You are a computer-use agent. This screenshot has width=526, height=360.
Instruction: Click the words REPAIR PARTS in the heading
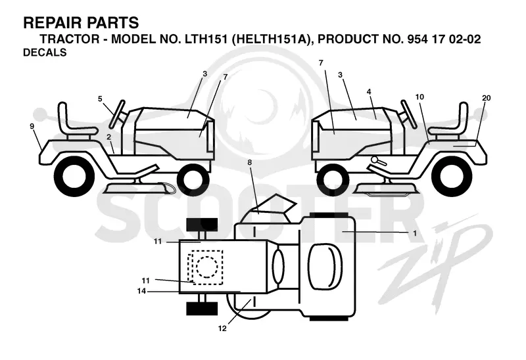(x=81, y=23)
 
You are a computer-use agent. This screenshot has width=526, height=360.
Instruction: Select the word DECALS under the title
(x=45, y=53)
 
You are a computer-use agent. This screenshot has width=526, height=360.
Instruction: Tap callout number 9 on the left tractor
(x=32, y=126)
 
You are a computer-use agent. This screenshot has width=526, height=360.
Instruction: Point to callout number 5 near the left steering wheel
(x=100, y=99)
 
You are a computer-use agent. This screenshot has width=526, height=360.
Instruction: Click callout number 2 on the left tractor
(x=108, y=137)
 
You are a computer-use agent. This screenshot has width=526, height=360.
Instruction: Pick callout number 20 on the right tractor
(x=486, y=98)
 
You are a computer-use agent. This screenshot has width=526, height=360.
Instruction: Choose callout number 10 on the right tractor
(x=419, y=97)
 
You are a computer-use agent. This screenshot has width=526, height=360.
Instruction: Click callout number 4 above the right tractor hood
(x=369, y=91)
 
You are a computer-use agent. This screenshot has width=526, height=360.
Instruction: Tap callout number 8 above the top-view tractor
(x=250, y=162)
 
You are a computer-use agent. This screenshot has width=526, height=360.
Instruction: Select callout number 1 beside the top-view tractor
(x=415, y=233)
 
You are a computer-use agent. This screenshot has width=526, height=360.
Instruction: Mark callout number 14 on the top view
(x=141, y=291)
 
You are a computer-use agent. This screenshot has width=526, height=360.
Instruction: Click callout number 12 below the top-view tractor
(x=222, y=328)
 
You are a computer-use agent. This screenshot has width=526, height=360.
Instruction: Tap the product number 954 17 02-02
(x=444, y=39)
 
